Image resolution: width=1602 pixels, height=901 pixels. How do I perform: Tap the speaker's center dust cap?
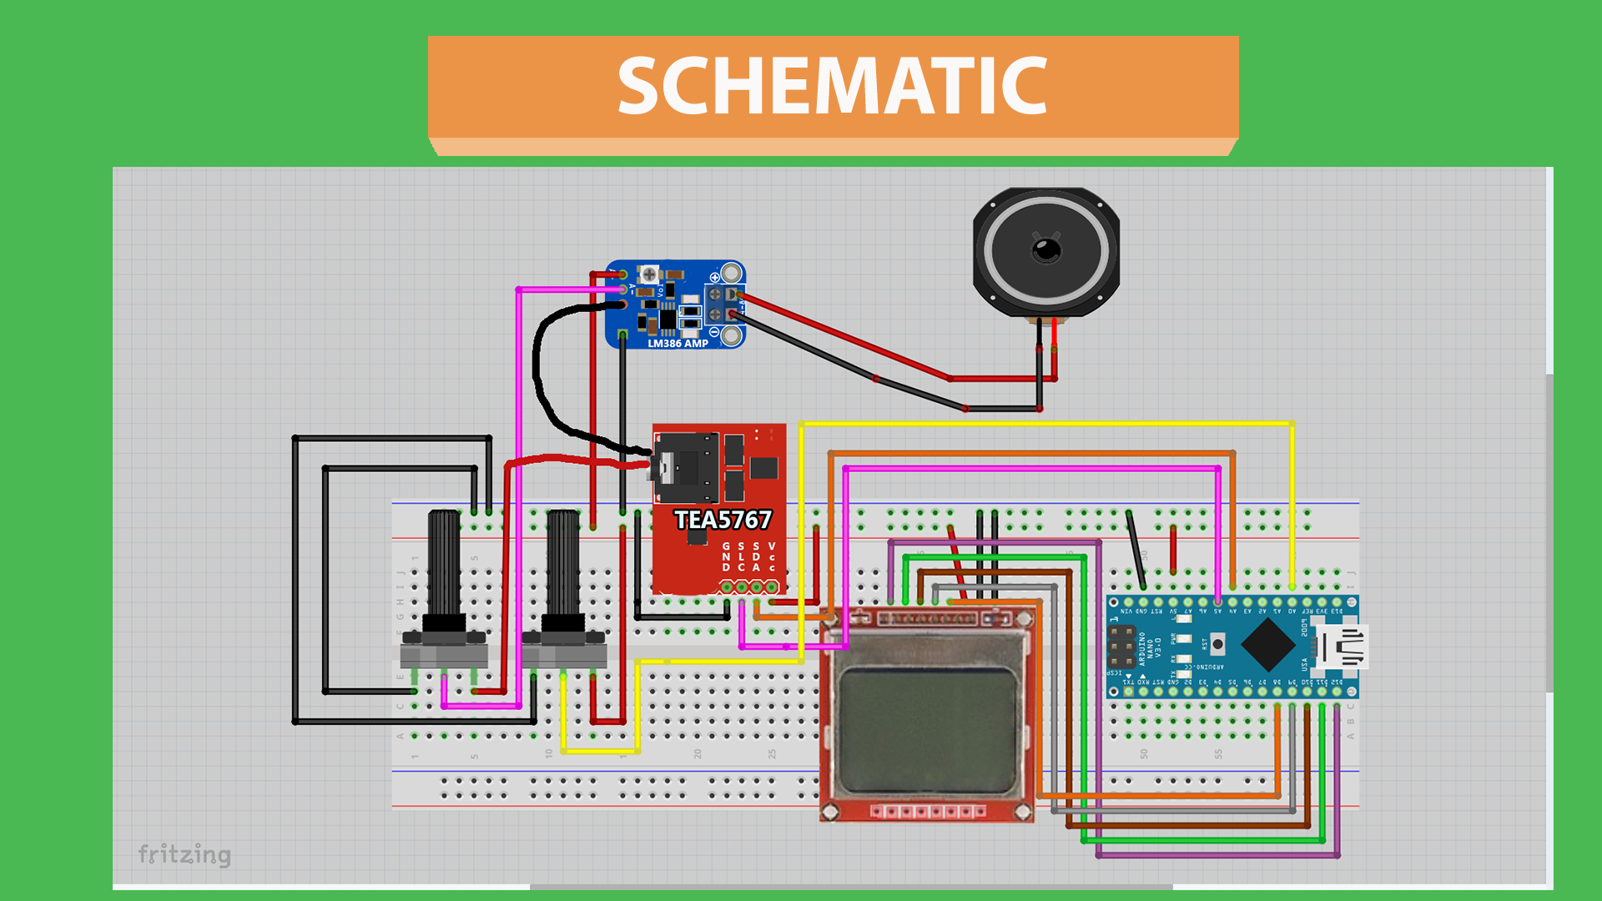(x=1046, y=249)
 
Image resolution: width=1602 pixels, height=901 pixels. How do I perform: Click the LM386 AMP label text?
(x=678, y=343)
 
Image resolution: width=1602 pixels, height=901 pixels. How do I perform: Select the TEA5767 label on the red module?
(x=723, y=520)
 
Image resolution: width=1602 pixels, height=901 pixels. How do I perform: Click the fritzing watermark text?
(x=184, y=854)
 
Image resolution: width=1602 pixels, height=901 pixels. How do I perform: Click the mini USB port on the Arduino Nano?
(x=1343, y=647)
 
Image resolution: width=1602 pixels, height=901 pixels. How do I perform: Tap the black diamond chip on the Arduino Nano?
(x=1268, y=645)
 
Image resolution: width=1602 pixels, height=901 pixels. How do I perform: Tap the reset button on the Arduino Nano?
(x=1217, y=644)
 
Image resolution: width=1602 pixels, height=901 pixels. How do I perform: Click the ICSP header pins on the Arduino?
(x=1121, y=647)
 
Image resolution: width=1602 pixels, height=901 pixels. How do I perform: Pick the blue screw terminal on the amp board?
(x=723, y=305)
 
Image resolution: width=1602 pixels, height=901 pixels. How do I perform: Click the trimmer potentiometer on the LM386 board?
(x=648, y=274)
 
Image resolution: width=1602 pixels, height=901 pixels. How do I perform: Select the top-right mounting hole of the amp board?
(x=732, y=273)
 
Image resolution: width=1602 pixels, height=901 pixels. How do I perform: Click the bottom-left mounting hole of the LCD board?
(x=830, y=812)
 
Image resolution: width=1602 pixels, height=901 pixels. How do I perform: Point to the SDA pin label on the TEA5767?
(x=757, y=556)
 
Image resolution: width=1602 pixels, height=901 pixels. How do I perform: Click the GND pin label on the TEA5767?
(x=726, y=556)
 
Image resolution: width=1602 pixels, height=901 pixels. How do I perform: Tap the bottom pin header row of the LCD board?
(x=927, y=811)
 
